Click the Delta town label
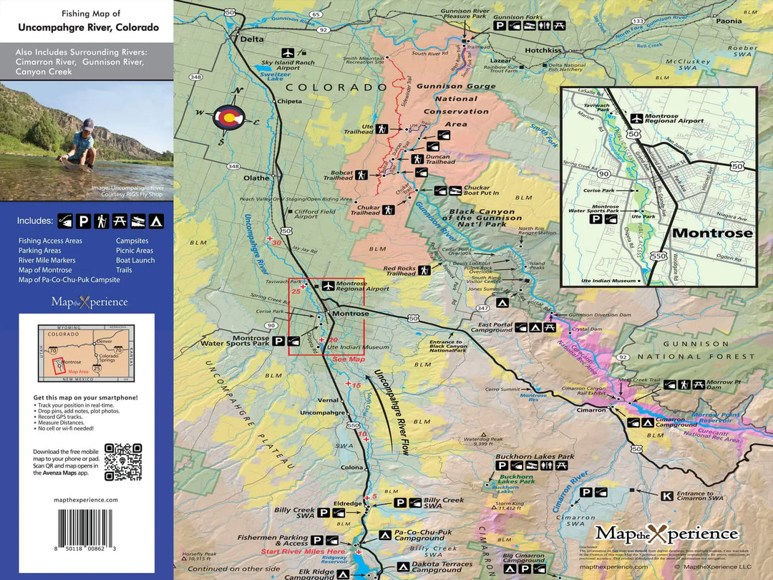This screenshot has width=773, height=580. (252, 39)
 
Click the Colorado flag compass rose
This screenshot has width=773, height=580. (231, 118)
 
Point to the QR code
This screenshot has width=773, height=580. (123, 462)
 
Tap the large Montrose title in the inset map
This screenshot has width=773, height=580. (711, 233)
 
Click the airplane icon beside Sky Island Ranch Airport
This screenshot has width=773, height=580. (288, 52)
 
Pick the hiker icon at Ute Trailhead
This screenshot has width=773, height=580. (383, 129)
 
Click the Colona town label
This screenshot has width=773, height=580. (352, 468)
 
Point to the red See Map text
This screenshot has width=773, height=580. (349, 359)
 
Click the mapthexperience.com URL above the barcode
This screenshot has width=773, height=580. (86, 500)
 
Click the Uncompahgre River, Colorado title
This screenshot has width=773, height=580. (85, 28)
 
